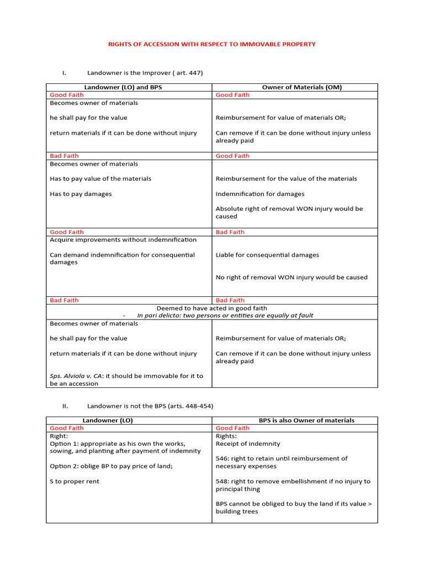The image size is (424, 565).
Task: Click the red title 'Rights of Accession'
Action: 211,44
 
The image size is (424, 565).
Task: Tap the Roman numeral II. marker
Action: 65,406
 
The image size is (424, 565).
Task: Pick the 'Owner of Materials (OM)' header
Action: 295,87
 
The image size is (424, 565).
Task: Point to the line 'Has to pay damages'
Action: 81,194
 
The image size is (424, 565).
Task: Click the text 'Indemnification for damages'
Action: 260,194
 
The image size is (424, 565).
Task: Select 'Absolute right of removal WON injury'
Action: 289,209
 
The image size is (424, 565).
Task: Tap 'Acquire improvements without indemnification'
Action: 123,240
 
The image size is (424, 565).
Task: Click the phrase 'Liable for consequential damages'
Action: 267,255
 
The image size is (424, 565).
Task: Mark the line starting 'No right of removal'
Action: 291,278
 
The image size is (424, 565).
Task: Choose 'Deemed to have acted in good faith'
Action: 212,308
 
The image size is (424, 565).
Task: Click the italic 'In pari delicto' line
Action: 225,316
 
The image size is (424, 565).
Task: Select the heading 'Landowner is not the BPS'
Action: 150,406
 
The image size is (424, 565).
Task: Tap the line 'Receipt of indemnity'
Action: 248,444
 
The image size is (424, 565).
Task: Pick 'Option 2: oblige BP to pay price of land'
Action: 111,466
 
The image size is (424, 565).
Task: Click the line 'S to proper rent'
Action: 75,482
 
